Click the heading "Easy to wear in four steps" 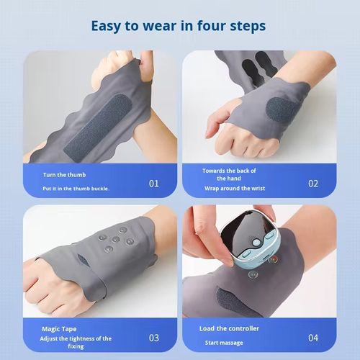point(178,27)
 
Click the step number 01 point(154,183)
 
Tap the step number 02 point(312,183)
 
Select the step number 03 point(154,337)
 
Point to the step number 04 point(312,337)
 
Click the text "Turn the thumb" point(66,175)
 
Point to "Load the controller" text point(228,328)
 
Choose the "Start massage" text point(224,343)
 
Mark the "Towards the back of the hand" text point(229,174)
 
